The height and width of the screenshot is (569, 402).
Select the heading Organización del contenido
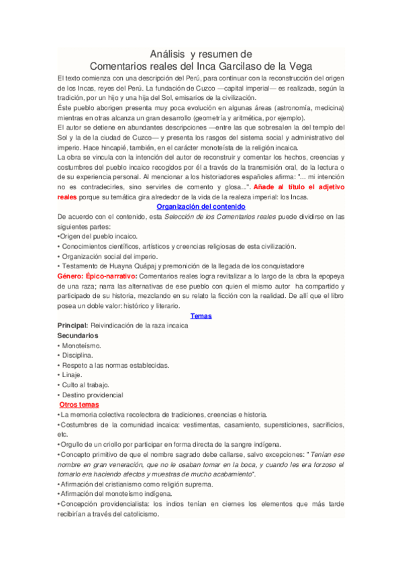[201, 207]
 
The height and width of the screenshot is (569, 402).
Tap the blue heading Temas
[201, 315]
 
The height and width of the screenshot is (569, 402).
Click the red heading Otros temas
[79, 405]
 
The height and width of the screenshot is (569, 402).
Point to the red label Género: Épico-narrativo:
[98, 276]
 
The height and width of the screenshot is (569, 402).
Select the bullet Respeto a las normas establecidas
[113, 365]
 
